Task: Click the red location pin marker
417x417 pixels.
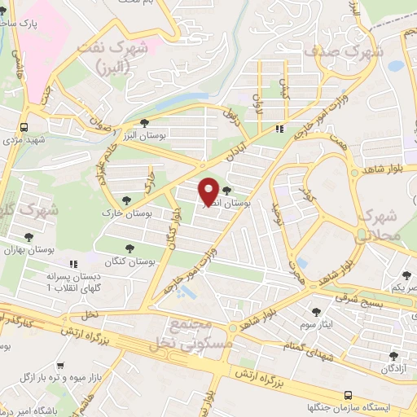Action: [x=209, y=191]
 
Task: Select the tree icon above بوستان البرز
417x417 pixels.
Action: [x=143, y=124]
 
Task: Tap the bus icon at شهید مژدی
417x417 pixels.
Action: [x=24, y=127]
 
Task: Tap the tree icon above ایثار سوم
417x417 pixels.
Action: [x=317, y=311]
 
